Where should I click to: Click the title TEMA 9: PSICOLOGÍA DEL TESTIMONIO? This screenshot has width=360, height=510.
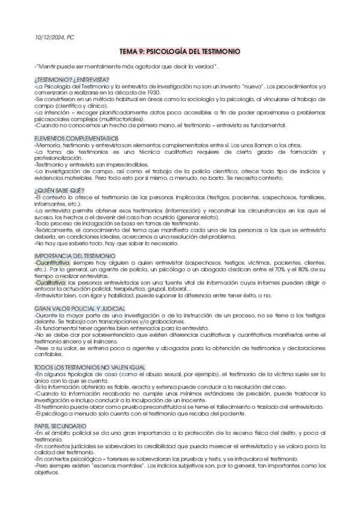pyautogui.click(x=180, y=52)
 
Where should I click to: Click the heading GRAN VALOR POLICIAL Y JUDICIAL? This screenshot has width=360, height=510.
pyautogui.click(x=72, y=309)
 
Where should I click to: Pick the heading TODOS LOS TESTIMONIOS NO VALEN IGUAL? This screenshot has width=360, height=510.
pyautogui.click(x=82, y=366)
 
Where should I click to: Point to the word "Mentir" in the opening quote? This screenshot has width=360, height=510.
pyautogui.click(x=48, y=66)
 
